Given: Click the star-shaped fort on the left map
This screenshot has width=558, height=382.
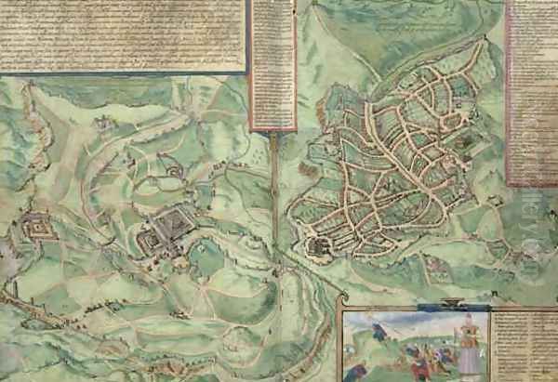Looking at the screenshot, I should pyautogui.click(x=38, y=226).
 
